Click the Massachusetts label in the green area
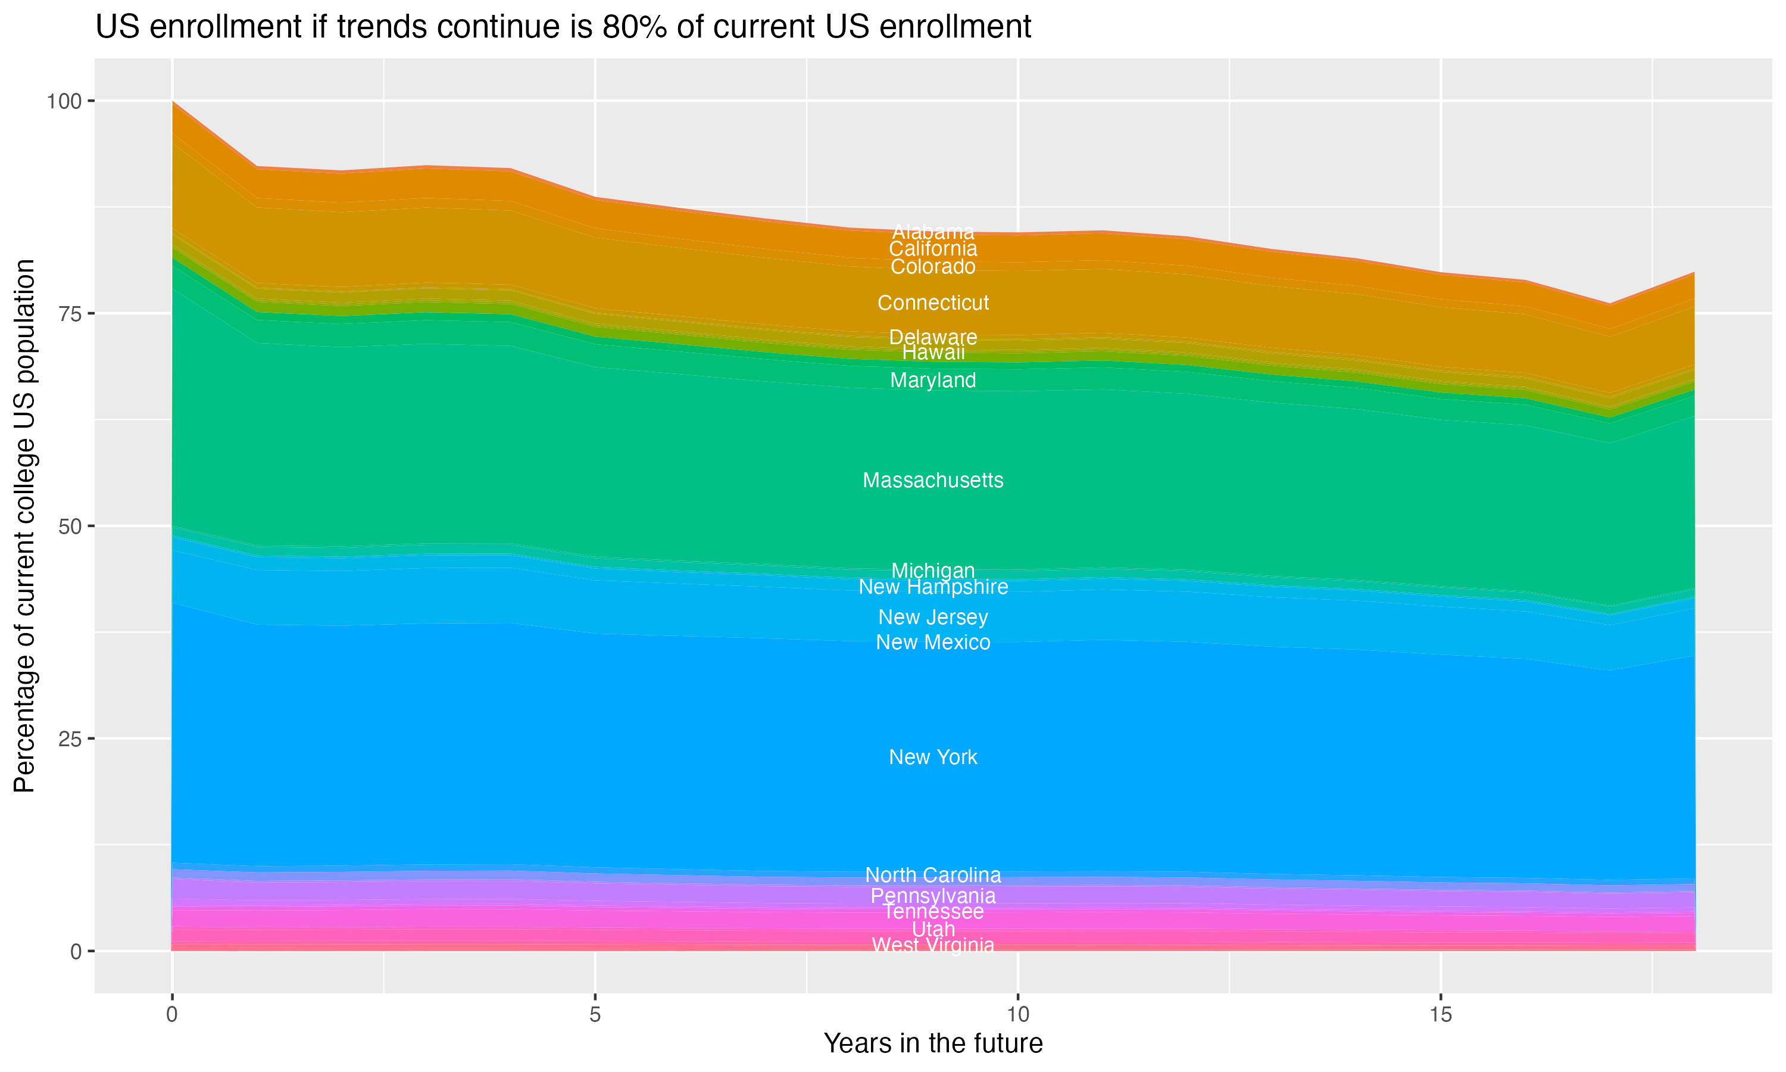click(933, 481)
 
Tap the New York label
click(933, 757)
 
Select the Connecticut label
click(933, 303)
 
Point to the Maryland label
click(933, 380)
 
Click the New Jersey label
click(933, 618)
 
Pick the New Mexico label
click(933, 642)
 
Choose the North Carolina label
click(933, 875)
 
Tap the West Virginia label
click(933, 945)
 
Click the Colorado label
click(933, 267)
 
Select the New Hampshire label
click(933, 587)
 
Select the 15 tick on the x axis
click(1440, 1015)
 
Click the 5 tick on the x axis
click(595, 1015)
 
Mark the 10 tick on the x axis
click(1017, 1015)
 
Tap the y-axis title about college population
click(24, 525)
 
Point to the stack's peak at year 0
click(173, 102)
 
